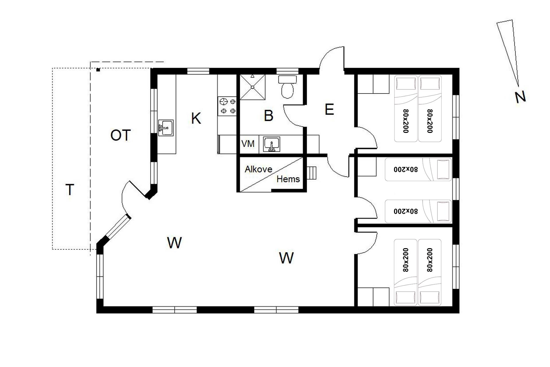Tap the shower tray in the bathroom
(252, 87)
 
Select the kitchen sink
(166, 128)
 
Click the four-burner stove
(227, 106)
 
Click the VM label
(248, 144)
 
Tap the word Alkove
(258, 169)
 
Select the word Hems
(288, 179)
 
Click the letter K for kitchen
(196, 118)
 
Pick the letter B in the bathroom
(268, 116)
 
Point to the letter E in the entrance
(329, 109)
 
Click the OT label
(121, 135)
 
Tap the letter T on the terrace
(70, 190)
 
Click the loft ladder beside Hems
(312, 173)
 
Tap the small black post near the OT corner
(98, 70)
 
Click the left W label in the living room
(174, 243)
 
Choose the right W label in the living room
(286, 258)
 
